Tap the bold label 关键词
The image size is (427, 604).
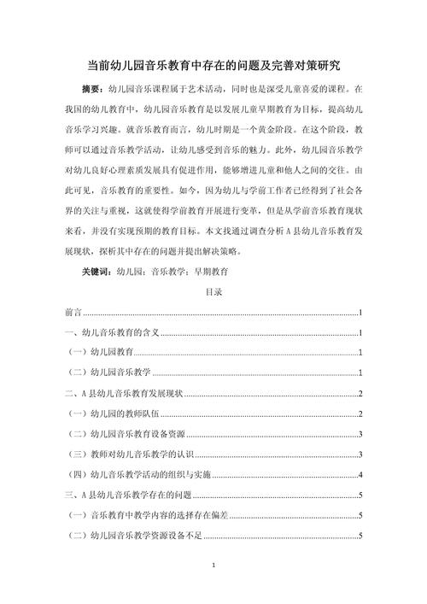95,271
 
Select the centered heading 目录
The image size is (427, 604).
213,292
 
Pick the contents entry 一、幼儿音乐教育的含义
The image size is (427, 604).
113,332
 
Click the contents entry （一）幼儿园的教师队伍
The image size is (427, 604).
110,413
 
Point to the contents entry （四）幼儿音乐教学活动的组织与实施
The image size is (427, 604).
134,475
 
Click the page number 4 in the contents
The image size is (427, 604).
363,475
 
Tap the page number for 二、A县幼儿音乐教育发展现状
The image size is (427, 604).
363,394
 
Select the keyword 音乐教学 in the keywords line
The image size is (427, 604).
168,271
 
